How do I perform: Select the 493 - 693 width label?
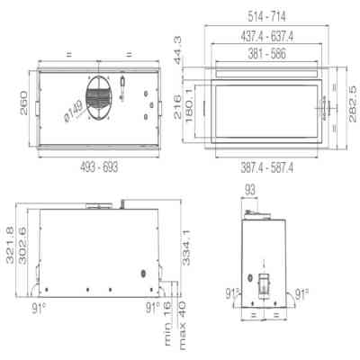[x=97, y=168]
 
